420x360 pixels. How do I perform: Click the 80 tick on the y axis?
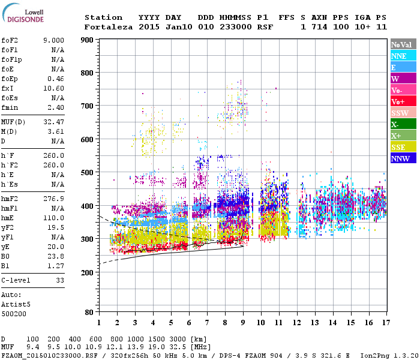(x=88, y=312)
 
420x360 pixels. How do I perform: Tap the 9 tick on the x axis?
(x=243, y=322)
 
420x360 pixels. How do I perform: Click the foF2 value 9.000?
(x=53, y=40)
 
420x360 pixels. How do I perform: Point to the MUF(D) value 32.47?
(x=53, y=122)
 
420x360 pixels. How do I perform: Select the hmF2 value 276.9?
(x=53, y=198)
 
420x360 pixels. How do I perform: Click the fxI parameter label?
(x=8, y=87)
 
